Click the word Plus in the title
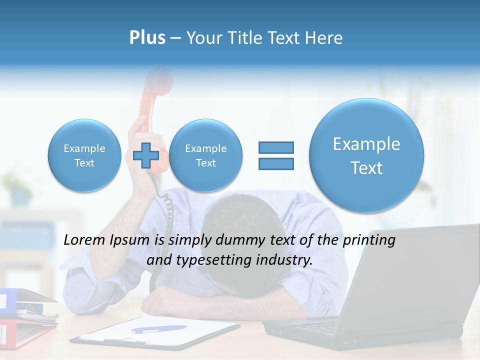[x=147, y=38]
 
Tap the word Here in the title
[x=325, y=38]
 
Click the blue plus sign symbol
[x=146, y=155]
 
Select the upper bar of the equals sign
[x=275, y=147]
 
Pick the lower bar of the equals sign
[x=275, y=163]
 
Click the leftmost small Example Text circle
[x=84, y=155]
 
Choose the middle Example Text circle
[x=205, y=155]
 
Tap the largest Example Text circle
[x=366, y=155]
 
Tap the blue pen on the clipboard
[x=158, y=329]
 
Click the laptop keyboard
[x=320, y=327]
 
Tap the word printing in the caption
[x=368, y=240]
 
